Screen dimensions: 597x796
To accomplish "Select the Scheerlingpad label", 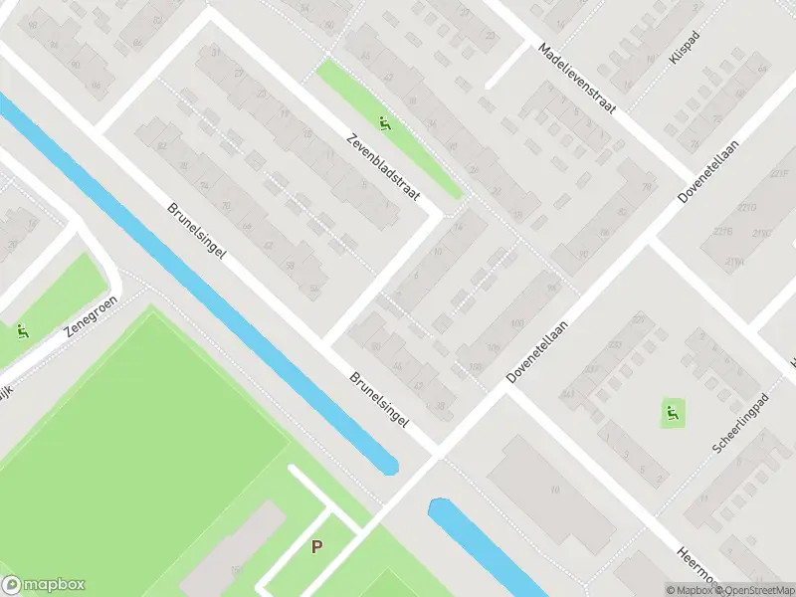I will tap(741, 424).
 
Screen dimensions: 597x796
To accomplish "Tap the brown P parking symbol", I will tap(317, 546).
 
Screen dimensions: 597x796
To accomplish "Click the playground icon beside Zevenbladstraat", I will tap(385, 124).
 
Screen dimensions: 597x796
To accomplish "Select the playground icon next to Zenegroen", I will tap(22, 331).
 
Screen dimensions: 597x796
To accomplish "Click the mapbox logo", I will tap(44, 585).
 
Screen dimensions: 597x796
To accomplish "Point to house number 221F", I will tap(779, 175).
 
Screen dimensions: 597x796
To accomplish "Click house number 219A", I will tap(735, 261).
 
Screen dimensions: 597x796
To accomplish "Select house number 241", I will tap(568, 394).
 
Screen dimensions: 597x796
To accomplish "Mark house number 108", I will tap(476, 367).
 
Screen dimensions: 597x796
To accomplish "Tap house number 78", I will tap(648, 187).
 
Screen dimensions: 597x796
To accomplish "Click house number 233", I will tap(638, 318).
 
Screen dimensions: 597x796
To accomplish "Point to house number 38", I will tap(440, 406).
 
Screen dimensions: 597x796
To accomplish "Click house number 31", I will tap(215, 52).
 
